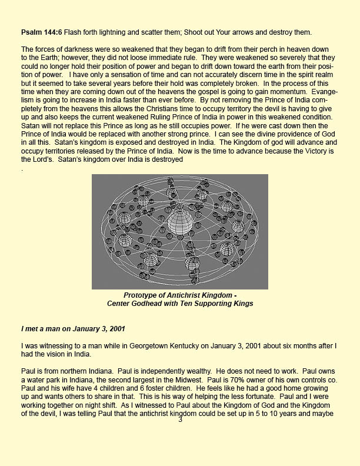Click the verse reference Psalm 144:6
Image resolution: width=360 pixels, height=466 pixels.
[x=44, y=31]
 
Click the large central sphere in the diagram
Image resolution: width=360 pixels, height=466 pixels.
[x=180, y=222]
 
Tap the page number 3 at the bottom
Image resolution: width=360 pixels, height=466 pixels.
[x=180, y=420]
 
